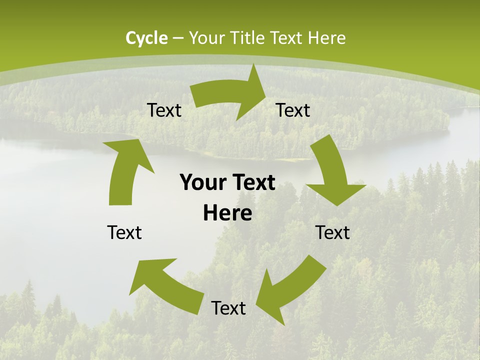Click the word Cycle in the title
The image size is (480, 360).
146,38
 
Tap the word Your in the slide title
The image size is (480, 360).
207,38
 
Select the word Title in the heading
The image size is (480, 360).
248,38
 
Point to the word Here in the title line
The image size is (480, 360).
326,38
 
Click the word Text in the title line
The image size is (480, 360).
286,38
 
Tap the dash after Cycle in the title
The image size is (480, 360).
177,38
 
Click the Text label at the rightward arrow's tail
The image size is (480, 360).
164,110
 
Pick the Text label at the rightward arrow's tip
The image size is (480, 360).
293,110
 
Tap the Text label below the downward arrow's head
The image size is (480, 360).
333,232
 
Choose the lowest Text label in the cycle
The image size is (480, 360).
228,308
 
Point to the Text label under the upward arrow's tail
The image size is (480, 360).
124,232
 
